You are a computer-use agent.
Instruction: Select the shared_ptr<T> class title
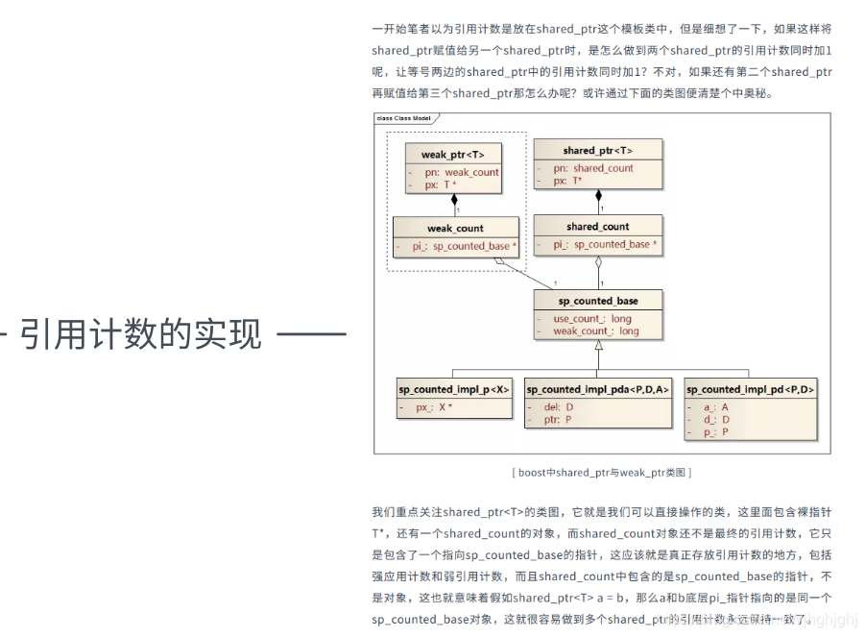tap(597, 150)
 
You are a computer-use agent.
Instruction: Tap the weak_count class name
tap(455, 229)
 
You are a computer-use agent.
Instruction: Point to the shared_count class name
tap(597, 227)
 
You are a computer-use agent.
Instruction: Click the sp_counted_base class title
tap(597, 301)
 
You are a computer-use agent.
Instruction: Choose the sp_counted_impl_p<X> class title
tap(454, 389)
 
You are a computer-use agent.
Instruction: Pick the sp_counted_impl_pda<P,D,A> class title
tap(597, 389)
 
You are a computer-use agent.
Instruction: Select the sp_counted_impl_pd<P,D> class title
tap(750, 389)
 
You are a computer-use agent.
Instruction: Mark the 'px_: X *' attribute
tap(434, 407)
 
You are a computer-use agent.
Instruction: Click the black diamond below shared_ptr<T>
tap(598, 196)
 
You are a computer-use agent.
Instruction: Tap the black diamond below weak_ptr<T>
tap(455, 200)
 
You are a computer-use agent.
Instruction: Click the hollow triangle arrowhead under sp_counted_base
tap(598, 345)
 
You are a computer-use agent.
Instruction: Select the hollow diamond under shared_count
tap(598, 262)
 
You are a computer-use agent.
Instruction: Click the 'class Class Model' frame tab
tap(403, 118)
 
